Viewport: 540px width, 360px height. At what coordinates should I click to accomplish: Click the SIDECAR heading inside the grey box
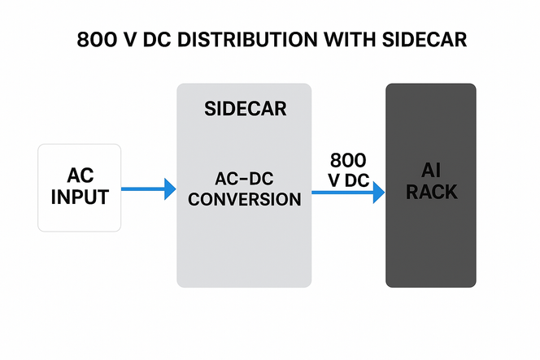(x=244, y=109)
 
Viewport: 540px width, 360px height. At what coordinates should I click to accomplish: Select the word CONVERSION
(x=244, y=199)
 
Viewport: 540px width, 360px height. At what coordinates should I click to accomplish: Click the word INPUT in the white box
(x=80, y=197)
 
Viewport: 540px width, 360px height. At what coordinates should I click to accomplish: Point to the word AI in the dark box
(x=431, y=171)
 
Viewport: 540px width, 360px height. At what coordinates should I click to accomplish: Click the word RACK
(x=431, y=193)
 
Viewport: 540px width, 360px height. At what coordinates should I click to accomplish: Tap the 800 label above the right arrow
(x=348, y=159)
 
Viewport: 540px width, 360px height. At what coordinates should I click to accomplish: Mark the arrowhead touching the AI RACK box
(x=378, y=193)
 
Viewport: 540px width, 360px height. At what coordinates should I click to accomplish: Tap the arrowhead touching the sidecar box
(x=170, y=189)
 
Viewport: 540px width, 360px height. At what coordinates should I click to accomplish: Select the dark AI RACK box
(x=430, y=244)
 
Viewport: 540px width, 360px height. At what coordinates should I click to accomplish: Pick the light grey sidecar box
(x=244, y=244)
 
